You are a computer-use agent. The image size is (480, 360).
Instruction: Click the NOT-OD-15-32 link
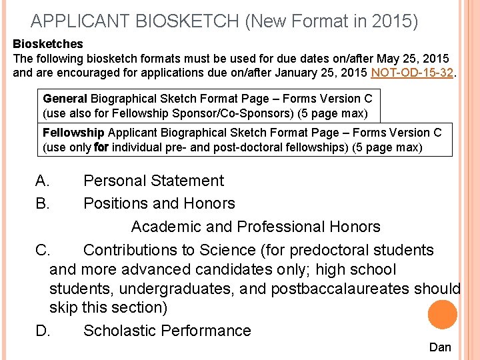[413, 73]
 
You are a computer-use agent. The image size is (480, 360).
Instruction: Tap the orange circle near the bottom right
[443, 314]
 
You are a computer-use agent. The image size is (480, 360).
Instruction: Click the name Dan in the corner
[440, 347]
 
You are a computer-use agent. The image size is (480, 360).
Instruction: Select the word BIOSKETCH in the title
[188, 21]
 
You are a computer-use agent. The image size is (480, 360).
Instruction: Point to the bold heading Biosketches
[48, 44]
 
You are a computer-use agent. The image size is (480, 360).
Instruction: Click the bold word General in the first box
[65, 99]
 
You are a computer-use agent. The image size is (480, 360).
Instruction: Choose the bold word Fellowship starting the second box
[73, 133]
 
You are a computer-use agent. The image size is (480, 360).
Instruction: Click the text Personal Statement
[153, 181]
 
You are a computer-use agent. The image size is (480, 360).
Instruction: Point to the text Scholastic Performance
[167, 331]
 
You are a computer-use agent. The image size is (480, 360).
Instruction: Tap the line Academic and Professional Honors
[255, 227]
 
